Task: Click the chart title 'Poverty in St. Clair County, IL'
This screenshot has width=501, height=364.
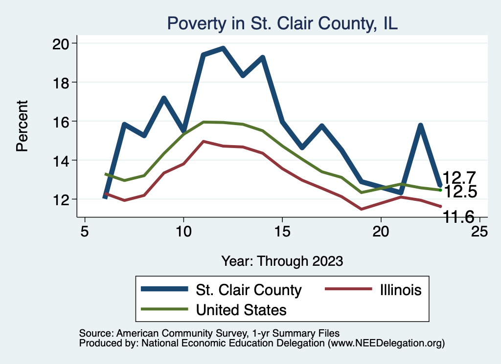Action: pyautogui.click(x=282, y=23)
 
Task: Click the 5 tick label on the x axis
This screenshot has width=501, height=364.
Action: pyautogui.click(x=85, y=231)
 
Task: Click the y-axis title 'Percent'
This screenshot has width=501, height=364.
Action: pyautogui.click(x=22, y=126)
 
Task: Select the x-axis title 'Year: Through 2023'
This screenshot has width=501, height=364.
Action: pyautogui.click(x=282, y=260)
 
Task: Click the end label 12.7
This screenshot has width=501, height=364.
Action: pyautogui.click(x=459, y=178)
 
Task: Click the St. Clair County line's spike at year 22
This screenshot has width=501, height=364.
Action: pyautogui.click(x=420, y=126)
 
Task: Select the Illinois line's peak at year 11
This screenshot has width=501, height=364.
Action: pyautogui.click(x=203, y=141)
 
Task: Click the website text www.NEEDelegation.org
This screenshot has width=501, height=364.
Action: pyautogui.click(x=386, y=343)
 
